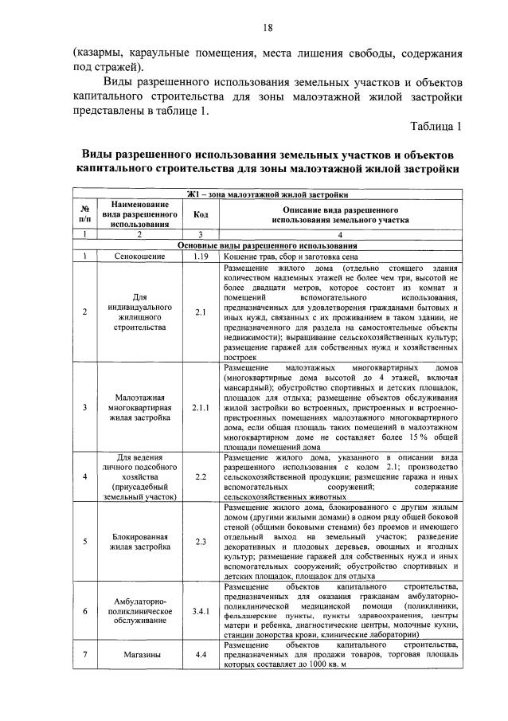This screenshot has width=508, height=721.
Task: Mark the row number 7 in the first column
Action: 84,654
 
